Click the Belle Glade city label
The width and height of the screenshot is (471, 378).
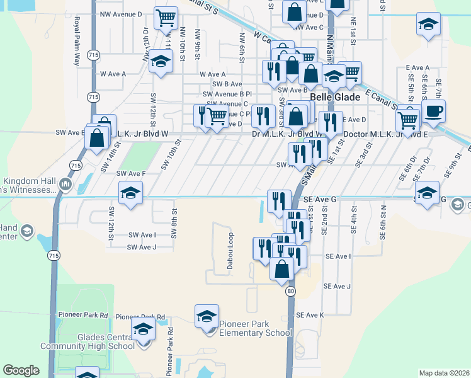[x=334, y=98]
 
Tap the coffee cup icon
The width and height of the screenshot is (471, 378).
[x=433, y=112]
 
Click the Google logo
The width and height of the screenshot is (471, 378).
[x=21, y=370]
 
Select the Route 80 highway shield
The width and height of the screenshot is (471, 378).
[x=290, y=292]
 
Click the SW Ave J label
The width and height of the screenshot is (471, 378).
[x=142, y=247]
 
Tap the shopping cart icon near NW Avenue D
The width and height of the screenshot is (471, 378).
[x=166, y=18]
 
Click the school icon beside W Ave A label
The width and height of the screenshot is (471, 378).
[x=161, y=61]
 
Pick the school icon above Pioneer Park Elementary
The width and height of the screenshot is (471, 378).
[x=207, y=316]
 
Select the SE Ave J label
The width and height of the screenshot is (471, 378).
[x=338, y=286]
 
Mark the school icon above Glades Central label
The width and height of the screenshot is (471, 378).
[x=143, y=329]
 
